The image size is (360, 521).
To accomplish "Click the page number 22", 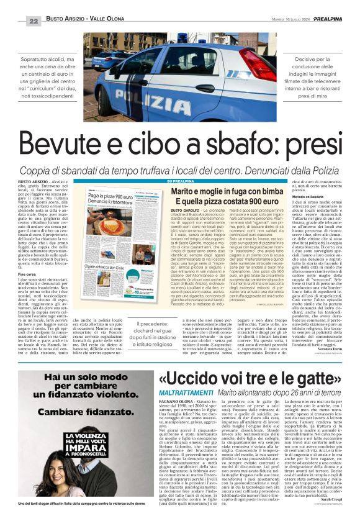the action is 34,21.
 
